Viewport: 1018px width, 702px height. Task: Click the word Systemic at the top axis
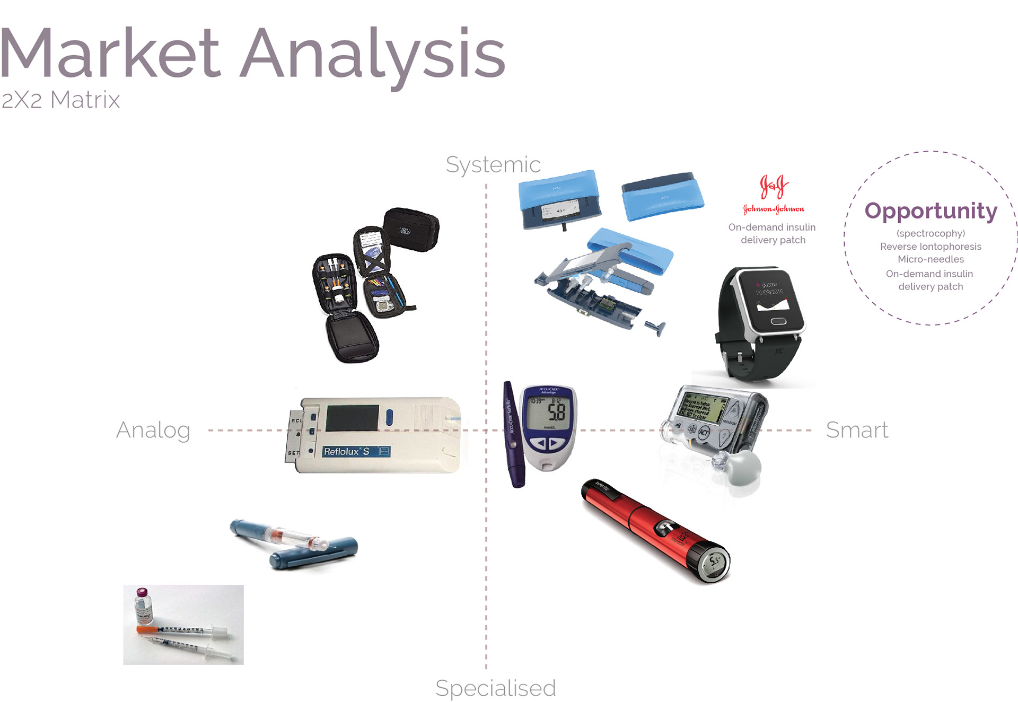coord(493,165)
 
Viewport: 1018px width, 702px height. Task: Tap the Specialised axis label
coord(495,688)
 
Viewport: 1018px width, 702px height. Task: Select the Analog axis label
coord(153,430)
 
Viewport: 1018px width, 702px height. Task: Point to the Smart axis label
coord(857,430)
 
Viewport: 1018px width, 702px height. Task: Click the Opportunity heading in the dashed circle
coord(931,211)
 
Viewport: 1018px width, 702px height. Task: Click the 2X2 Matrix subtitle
coord(60,100)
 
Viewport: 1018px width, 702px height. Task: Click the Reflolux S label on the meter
coord(347,452)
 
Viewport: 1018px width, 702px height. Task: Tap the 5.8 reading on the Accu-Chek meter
coord(556,411)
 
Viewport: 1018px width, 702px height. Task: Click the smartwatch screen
coord(772,301)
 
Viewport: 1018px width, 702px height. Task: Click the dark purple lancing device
coord(513,435)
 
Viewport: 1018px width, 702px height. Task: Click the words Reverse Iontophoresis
coord(931,247)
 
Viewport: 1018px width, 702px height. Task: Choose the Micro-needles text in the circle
coord(931,259)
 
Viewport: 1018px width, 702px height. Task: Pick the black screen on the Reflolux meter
coord(353,418)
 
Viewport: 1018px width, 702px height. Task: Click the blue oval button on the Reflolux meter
coord(390,417)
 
